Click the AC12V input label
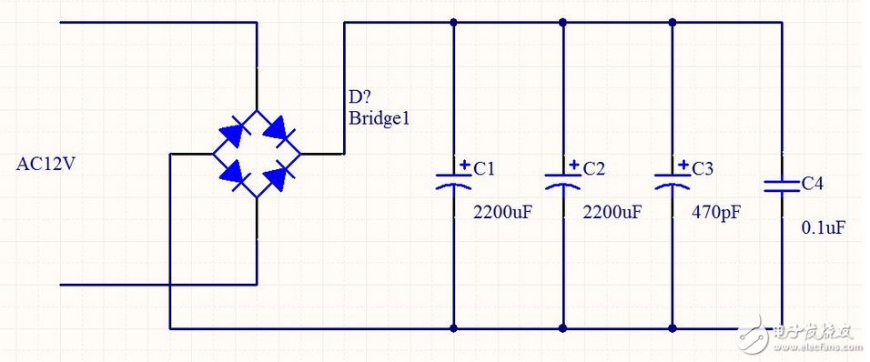pyautogui.click(x=45, y=165)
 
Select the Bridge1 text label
pyautogui.click(x=379, y=118)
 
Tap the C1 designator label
pyautogui.click(x=484, y=168)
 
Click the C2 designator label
pyautogui.click(x=593, y=168)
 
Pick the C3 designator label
pyautogui.click(x=703, y=168)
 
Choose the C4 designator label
pyautogui.click(x=812, y=184)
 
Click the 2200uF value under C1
pyautogui.click(x=502, y=211)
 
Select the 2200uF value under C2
pyautogui.click(x=612, y=211)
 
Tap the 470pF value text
pyautogui.click(x=716, y=212)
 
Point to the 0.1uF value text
pyautogui.click(x=824, y=227)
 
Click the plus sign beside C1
pyautogui.click(x=465, y=164)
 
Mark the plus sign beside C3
pyautogui.click(x=684, y=164)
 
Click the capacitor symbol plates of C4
pyautogui.click(x=782, y=186)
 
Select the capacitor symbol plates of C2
pyautogui.click(x=563, y=181)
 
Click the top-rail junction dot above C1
pyautogui.click(x=454, y=23)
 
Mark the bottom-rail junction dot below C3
pyautogui.click(x=673, y=328)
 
